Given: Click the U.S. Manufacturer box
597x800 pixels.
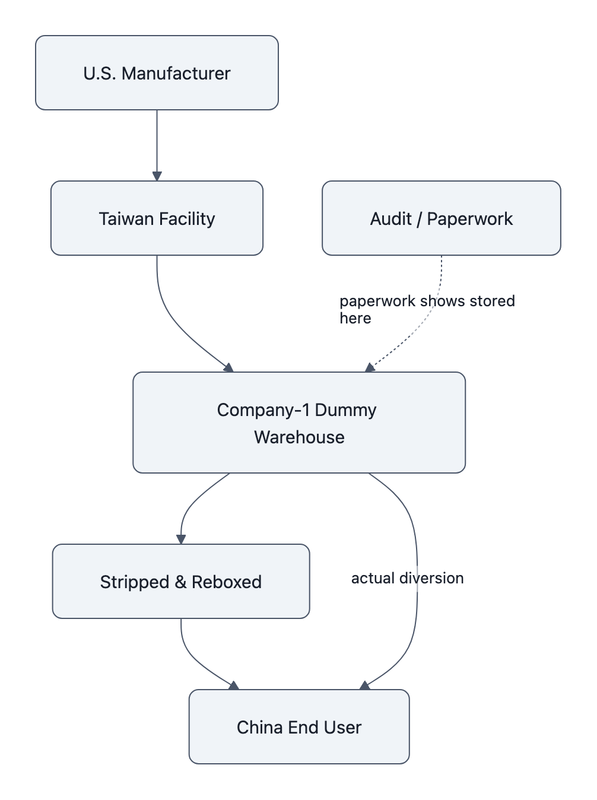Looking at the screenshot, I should (x=157, y=73).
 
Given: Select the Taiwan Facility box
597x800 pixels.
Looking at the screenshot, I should (x=157, y=218).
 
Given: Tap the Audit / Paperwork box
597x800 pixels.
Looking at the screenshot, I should (x=441, y=218).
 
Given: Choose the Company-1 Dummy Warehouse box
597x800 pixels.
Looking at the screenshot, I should (x=299, y=423).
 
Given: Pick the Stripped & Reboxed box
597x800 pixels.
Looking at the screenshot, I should (x=181, y=582).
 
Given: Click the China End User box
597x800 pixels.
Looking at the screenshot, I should (x=299, y=727).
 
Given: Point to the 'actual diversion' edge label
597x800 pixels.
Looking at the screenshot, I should (x=407, y=578).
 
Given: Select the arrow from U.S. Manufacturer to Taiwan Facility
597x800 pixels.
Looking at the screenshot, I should (x=157, y=145).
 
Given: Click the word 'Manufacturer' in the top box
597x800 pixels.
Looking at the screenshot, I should (x=176, y=73).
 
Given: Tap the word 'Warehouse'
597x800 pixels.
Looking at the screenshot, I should (x=299, y=437).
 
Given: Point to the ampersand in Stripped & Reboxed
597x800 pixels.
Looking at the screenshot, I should (x=180, y=582).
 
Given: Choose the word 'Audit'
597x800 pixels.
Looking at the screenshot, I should (x=390, y=218).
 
